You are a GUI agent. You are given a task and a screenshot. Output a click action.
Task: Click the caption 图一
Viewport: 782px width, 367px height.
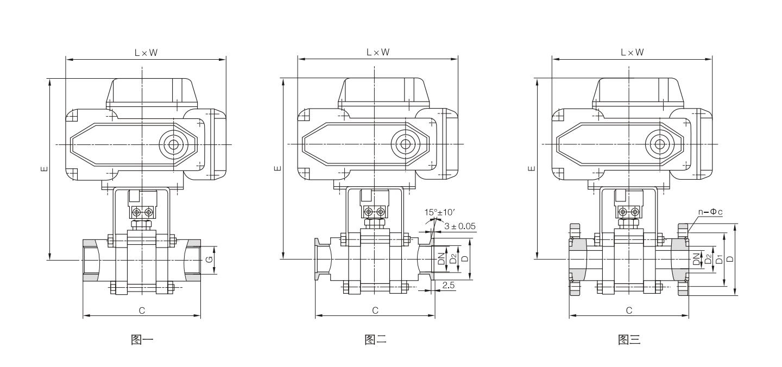[142, 339]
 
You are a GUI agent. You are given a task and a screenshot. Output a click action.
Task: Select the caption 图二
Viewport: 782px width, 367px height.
[376, 339]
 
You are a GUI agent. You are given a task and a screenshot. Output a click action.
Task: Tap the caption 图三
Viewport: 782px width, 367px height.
[629, 339]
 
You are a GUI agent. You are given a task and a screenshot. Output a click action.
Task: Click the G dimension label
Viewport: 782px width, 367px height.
[209, 260]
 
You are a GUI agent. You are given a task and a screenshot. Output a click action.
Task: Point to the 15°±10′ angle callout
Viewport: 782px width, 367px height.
[439, 212]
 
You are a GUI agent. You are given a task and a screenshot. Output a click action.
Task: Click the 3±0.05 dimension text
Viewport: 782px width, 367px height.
[460, 226]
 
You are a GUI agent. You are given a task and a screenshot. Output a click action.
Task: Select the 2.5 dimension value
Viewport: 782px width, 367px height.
[449, 286]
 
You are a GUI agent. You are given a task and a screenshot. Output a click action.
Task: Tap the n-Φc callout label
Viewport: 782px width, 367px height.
[710, 212]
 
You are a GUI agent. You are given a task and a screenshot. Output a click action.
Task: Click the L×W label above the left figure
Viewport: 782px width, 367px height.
[146, 53]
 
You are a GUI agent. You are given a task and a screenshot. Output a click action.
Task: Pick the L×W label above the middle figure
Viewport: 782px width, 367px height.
[378, 52]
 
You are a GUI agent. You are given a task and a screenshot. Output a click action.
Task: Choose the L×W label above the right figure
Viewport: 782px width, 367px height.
[632, 52]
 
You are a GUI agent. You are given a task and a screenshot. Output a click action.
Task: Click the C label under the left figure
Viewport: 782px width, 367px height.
[142, 311]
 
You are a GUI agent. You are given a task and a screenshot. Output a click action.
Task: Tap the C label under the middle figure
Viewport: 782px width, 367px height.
[375, 311]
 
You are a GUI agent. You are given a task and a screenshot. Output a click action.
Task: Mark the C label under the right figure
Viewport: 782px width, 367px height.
[629, 311]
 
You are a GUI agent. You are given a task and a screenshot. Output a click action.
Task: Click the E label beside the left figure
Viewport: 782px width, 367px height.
[44, 169]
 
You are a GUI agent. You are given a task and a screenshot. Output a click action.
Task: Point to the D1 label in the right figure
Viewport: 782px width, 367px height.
[719, 260]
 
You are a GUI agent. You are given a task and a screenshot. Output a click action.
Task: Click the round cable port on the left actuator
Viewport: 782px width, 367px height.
[173, 144]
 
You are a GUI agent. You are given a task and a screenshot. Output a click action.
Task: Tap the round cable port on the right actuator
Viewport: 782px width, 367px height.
[659, 144]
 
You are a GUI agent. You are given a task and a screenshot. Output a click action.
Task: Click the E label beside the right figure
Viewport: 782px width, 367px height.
[532, 168]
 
